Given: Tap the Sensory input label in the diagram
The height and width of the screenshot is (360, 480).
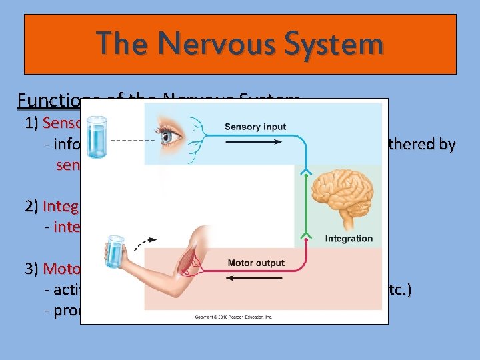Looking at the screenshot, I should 255,127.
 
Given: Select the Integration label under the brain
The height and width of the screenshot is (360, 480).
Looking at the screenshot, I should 349,238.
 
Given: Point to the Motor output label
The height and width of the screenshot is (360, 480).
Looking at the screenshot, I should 257,263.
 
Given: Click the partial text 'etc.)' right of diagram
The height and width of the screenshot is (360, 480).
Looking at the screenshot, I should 399,289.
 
